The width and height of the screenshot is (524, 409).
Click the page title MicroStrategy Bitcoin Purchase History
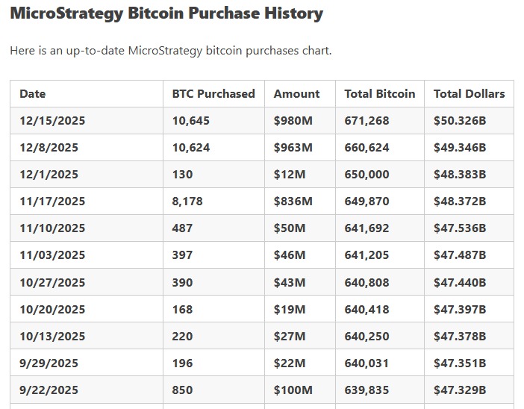166,13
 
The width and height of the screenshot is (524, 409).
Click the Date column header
33,94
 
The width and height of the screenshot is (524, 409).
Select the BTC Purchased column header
213,94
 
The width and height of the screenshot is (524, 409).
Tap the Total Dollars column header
469,94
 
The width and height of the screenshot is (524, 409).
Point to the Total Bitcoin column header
379,94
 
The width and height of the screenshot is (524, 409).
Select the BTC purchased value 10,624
191,148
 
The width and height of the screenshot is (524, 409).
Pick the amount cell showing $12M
290,175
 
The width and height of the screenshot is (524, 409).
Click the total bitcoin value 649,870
367,202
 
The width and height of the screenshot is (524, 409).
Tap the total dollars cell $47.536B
460,228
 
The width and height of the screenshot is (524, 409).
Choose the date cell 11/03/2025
52,255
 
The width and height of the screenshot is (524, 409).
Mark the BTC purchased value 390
182,283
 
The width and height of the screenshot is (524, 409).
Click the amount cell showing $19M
290,310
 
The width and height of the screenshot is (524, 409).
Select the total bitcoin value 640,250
367,337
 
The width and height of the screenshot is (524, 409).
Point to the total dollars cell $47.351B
460,363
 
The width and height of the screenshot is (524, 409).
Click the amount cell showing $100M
293,390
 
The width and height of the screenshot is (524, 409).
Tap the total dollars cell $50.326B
460,121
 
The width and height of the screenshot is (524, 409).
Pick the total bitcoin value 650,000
367,175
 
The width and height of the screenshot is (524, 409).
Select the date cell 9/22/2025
49,390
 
